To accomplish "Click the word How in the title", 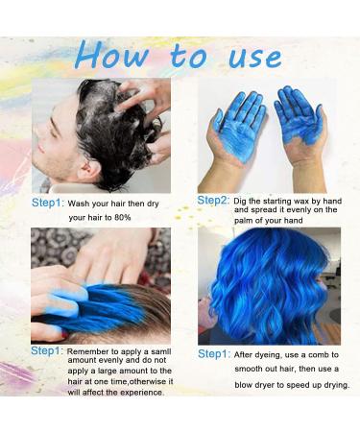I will [116, 55].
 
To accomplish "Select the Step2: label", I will [214, 200].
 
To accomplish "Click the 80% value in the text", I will [124, 218].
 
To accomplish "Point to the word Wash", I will [82, 204].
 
